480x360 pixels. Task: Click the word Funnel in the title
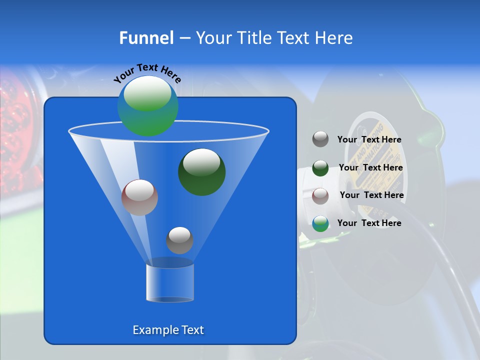[x=146, y=38]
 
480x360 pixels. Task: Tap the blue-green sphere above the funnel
[x=147, y=106]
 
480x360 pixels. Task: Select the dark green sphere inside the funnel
[x=201, y=171]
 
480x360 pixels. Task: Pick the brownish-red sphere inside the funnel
[x=139, y=197]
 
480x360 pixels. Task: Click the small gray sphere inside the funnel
[x=179, y=240]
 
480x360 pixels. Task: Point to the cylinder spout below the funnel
[x=170, y=282]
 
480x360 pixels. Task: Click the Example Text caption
[x=168, y=330]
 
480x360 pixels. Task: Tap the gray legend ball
[x=320, y=139]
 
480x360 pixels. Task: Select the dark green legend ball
[x=320, y=168]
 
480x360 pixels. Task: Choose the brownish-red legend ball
[x=320, y=195]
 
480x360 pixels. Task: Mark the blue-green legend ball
[x=320, y=223]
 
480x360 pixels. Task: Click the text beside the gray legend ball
[x=369, y=140]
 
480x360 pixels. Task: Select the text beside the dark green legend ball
[x=370, y=168]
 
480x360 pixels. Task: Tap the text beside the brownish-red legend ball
[x=371, y=195]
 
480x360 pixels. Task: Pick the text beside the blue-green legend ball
[x=369, y=223]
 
